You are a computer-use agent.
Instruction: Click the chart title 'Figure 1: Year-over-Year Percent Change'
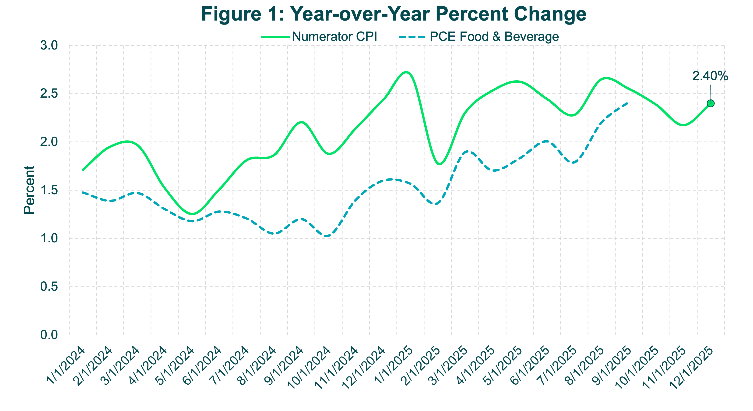[x=394, y=14]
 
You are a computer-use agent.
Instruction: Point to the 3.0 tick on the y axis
[x=49, y=46]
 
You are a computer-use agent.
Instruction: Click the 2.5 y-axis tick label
[x=49, y=94]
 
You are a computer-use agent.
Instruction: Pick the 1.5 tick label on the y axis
[x=49, y=190]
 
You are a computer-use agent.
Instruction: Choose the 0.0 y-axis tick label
[x=49, y=335]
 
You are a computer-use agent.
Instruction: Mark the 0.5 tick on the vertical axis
[x=49, y=287]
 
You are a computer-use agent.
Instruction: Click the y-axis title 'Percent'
[x=29, y=190]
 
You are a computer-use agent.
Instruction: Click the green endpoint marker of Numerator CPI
[x=711, y=103]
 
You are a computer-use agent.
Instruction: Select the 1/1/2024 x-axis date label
[x=66, y=366]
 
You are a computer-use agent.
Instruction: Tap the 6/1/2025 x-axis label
[x=531, y=366]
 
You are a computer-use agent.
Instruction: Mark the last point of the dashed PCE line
[x=627, y=103]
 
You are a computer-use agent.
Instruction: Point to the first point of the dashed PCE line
[x=83, y=192]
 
